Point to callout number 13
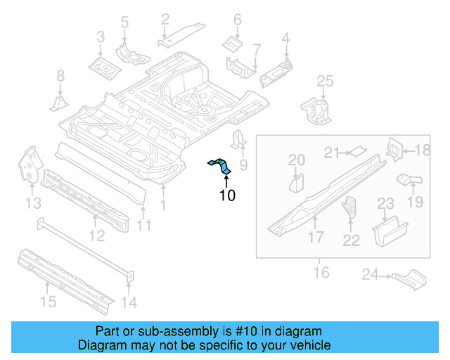click(x=33, y=203)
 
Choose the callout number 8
click(x=60, y=75)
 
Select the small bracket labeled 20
click(x=296, y=184)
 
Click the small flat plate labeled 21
click(x=359, y=149)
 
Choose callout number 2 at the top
click(x=165, y=19)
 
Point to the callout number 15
click(x=47, y=302)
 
